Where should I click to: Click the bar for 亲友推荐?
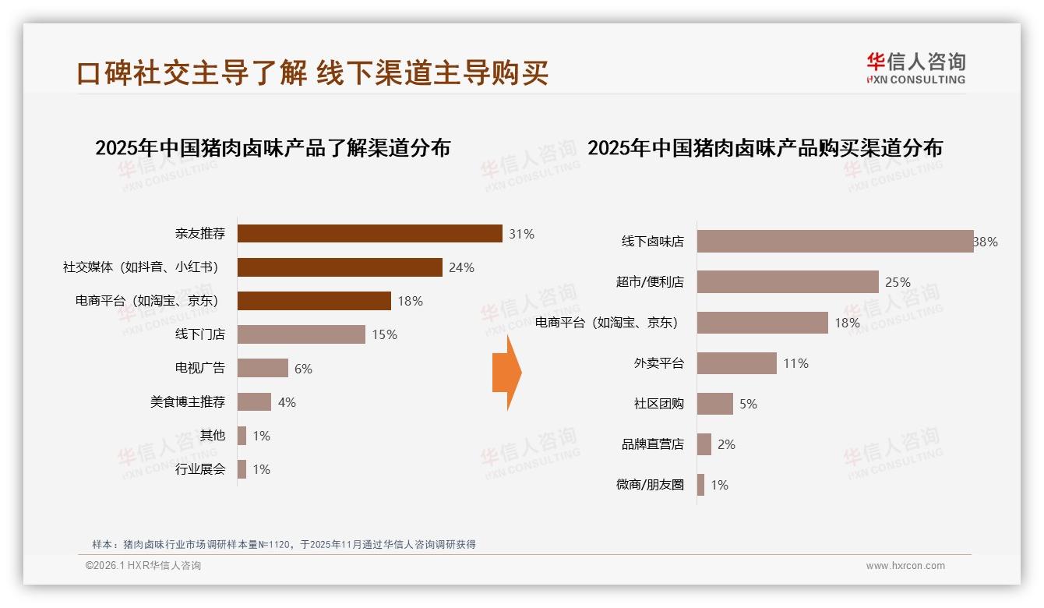[369, 233]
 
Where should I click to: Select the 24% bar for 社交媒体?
[340, 267]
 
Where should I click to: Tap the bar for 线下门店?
[301, 334]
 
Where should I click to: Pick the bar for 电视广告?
[263, 368]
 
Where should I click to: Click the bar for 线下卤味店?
[834, 242]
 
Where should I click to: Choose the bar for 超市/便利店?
[788, 282]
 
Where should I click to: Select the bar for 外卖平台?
[736, 363]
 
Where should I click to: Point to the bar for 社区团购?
[714, 404]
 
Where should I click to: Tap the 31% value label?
[521, 234]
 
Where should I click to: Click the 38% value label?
[986, 242]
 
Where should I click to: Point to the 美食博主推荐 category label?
[188, 402]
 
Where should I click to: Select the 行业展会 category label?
[200, 469]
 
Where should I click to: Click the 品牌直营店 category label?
[652, 444]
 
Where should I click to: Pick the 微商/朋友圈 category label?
[650, 485]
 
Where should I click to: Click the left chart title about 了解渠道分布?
[273, 148]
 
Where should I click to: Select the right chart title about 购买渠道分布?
[764, 148]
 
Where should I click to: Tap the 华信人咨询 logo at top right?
[915, 68]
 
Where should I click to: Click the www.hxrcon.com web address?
[905, 566]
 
